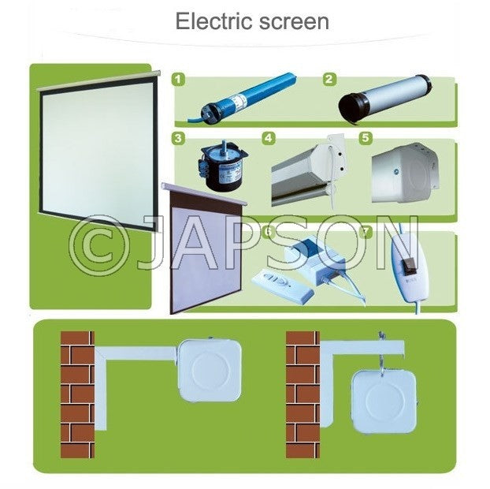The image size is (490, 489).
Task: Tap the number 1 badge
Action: tap(180, 79)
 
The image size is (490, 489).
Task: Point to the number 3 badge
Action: tap(180, 139)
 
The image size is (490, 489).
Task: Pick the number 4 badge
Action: tap(269, 138)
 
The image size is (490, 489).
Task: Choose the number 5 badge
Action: tap(365, 138)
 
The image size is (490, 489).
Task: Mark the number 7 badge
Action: tap(365, 231)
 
